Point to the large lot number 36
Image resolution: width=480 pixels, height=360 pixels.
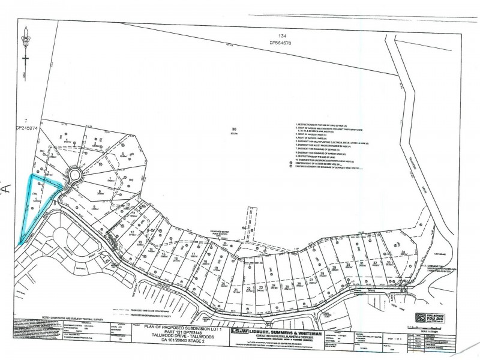(x=235, y=128)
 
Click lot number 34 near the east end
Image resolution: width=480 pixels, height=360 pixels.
(x=404, y=251)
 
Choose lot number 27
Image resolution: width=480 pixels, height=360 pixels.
(x=311, y=280)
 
